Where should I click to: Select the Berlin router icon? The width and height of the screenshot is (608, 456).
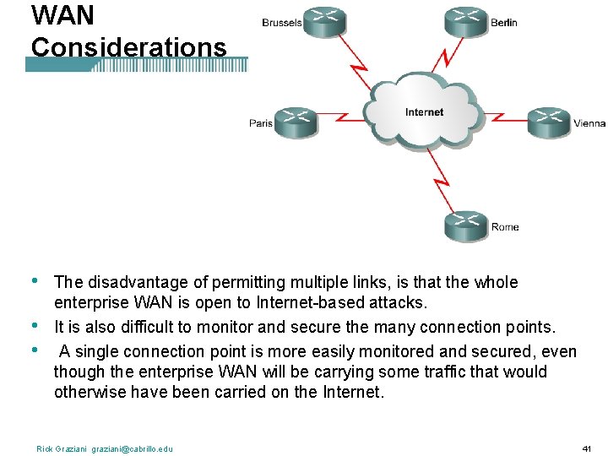467,21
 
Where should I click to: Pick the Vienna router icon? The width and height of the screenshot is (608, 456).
550,121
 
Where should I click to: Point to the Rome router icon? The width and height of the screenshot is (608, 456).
467,224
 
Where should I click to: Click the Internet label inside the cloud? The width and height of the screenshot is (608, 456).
424,112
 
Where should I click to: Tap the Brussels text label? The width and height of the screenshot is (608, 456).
281,23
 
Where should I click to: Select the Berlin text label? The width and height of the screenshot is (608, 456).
504,23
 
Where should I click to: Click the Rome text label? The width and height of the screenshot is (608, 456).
505,226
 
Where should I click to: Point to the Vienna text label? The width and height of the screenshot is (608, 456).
589,123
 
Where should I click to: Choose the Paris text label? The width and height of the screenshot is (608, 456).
261,123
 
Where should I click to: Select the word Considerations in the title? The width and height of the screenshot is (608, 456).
129,47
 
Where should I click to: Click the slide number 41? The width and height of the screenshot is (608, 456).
587,448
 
